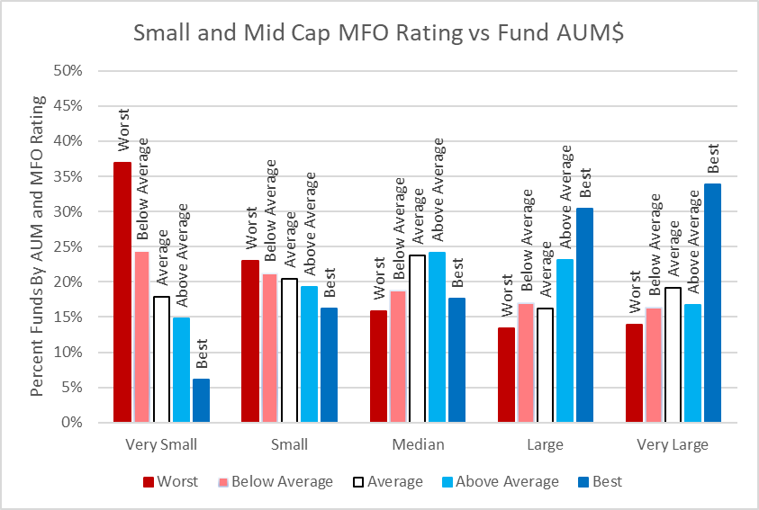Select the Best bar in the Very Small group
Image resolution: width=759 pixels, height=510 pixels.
pyautogui.click(x=201, y=400)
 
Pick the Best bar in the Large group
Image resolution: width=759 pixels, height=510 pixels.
pyautogui.click(x=584, y=315)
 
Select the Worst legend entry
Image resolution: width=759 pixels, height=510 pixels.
pyautogui.click(x=170, y=481)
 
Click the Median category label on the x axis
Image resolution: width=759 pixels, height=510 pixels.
pyautogui.click(x=418, y=444)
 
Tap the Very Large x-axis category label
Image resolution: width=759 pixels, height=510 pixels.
pyautogui.click(x=673, y=444)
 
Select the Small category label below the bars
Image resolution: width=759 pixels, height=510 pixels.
pyautogui.click(x=289, y=444)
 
